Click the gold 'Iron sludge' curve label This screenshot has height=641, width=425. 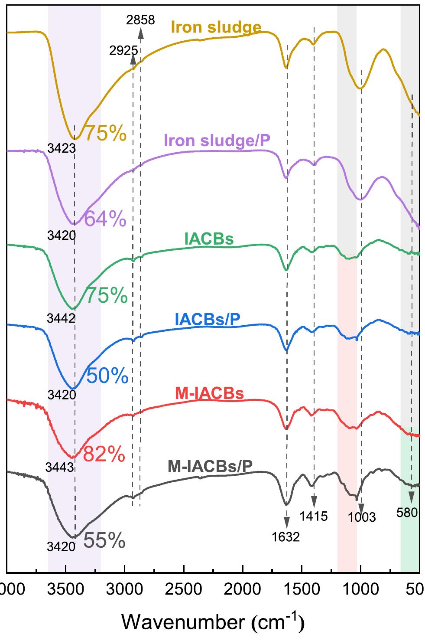click(216, 27)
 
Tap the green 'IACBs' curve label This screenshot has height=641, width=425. click(209, 239)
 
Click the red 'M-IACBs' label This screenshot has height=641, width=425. click(209, 393)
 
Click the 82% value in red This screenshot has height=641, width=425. click(104, 455)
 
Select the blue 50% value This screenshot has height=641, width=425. click(107, 376)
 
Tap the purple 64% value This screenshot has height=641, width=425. click(105, 219)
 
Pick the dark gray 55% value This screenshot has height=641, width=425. click(104, 541)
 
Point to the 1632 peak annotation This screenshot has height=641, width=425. click(286, 537)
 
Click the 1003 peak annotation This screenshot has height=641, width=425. click(361, 517)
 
